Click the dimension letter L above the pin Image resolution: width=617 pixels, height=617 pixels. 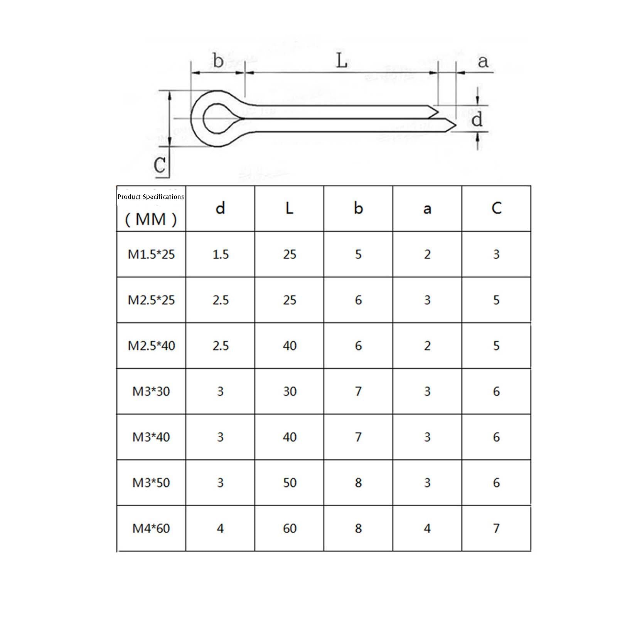[x=342, y=61]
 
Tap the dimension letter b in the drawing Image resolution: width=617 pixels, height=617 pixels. [x=218, y=60]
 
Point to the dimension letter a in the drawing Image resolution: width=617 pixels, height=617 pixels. [x=483, y=62]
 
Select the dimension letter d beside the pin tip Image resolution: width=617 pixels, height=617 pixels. [x=477, y=119]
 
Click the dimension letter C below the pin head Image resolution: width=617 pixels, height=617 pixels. [x=160, y=165]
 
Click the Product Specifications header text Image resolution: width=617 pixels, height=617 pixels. [x=150, y=197]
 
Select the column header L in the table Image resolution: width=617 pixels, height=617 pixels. [x=289, y=208]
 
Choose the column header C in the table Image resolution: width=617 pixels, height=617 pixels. [x=496, y=208]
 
